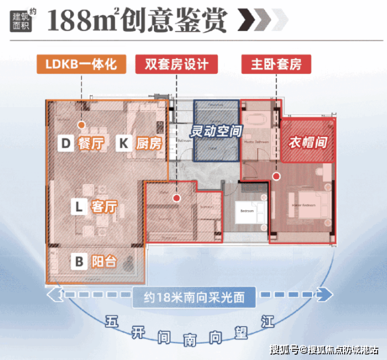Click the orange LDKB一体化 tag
pos(81,64)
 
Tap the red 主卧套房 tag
pos(276,64)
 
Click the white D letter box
pos(66,143)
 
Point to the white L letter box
pos(79,206)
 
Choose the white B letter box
pos(79,261)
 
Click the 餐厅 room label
pos(87,143)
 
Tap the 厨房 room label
pos(147,143)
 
